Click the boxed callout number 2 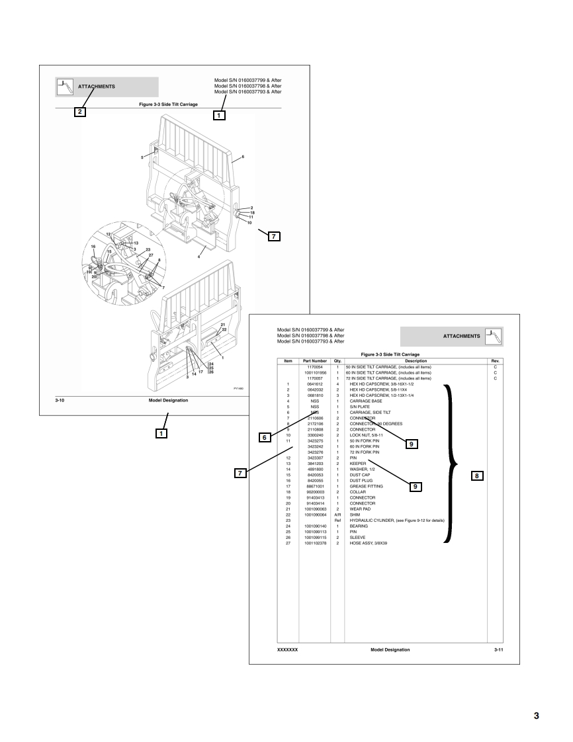(79, 112)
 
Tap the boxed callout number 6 (265, 437)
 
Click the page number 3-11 (499, 649)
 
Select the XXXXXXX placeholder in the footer (286, 649)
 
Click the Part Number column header (316, 360)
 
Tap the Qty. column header (337, 360)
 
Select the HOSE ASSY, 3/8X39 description (373, 543)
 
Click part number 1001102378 (316, 543)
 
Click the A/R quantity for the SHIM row (337, 515)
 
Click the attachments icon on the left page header (65, 86)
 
